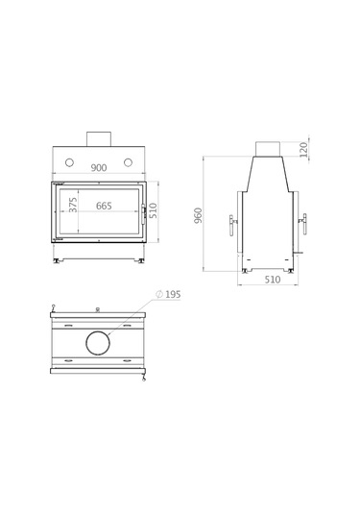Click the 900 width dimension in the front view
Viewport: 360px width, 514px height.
point(98,167)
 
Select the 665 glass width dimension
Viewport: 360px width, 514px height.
point(104,207)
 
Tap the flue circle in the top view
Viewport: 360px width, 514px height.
point(98,342)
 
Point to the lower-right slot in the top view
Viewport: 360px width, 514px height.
point(128,359)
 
